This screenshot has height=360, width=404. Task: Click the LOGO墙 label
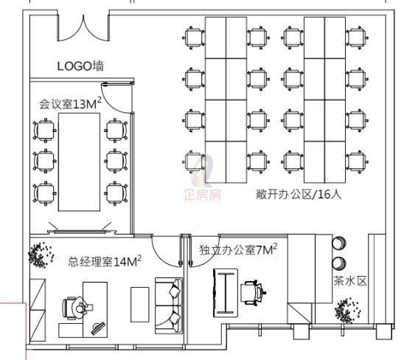80,66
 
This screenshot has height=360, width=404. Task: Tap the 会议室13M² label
70,103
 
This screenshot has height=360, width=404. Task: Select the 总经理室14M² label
105,261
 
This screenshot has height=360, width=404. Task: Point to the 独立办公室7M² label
238,249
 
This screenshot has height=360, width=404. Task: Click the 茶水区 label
350,280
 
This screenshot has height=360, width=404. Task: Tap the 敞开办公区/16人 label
299,194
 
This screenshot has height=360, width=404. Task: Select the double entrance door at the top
83,28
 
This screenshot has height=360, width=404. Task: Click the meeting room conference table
79,162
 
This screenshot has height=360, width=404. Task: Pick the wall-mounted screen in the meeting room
80,232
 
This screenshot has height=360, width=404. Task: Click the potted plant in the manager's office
41,255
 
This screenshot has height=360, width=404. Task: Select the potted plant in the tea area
347,311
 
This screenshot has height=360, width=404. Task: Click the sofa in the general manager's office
169,306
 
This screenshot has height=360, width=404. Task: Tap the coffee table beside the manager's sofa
140,305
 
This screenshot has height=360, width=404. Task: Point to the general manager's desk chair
74,308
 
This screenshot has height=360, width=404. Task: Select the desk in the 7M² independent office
226,293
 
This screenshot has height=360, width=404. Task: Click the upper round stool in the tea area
339,243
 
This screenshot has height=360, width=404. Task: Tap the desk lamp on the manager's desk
98,328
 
